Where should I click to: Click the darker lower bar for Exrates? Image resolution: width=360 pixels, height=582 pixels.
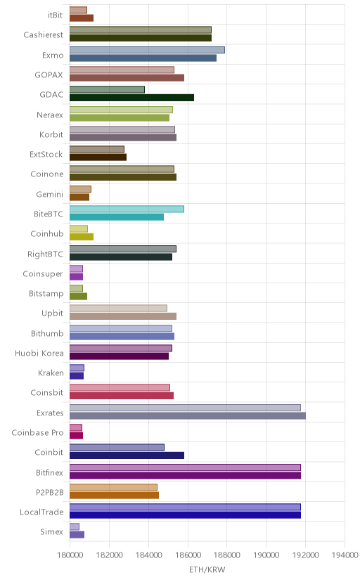click(188, 415)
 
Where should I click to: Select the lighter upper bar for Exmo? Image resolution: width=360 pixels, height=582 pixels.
click(147, 50)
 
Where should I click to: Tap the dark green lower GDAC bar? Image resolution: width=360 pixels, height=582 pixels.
click(131, 98)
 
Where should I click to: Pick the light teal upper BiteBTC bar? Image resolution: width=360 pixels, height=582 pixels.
click(127, 209)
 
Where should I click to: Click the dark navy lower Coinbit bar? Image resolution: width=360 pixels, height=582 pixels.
click(127, 455)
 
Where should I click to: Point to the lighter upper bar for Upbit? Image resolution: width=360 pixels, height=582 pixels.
click(118, 308)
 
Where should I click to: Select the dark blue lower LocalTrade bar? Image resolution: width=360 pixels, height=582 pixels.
click(185, 515)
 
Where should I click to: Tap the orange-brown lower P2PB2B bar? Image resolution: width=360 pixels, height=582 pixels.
click(115, 495)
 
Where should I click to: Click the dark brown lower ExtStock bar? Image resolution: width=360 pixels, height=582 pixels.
click(98, 157)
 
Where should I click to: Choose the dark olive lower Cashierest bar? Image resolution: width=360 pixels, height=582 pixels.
click(141, 38)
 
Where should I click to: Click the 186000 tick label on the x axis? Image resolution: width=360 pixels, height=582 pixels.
click(188, 555)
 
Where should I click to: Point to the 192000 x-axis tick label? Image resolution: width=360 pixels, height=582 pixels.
click(305, 555)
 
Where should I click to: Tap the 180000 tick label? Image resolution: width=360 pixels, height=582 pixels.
click(70, 555)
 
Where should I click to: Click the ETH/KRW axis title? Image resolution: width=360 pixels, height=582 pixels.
click(207, 570)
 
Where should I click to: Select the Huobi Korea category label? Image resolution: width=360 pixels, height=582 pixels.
click(39, 353)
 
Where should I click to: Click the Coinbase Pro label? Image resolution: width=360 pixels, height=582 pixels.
click(37, 432)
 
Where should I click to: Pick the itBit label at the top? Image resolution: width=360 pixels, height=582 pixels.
click(56, 15)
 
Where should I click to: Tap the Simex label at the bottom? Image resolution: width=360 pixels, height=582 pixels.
click(51, 531)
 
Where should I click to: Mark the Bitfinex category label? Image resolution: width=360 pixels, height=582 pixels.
click(49, 472)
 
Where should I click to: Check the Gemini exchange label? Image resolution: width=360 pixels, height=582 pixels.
click(50, 194)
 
